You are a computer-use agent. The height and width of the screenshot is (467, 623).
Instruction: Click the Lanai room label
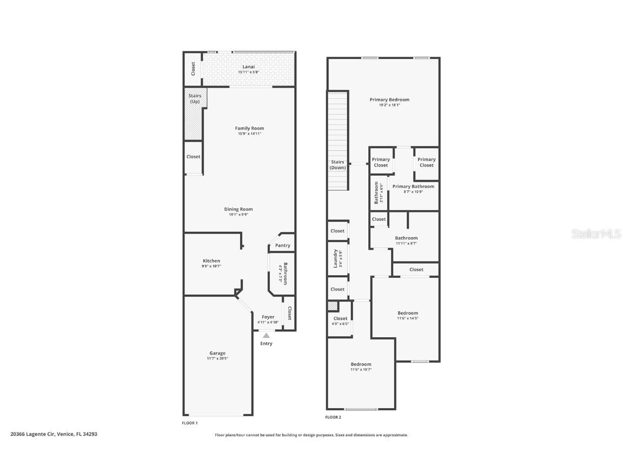(x=249, y=67)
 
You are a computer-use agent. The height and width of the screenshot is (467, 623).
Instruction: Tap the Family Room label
(x=249, y=128)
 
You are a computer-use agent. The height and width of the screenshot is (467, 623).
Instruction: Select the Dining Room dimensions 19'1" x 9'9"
(x=238, y=215)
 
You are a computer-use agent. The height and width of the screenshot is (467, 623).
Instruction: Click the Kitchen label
(x=211, y=261)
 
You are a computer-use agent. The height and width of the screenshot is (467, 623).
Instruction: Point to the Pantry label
(x=282, y=245)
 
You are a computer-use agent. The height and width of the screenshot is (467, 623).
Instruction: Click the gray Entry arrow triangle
(x=266, y=336)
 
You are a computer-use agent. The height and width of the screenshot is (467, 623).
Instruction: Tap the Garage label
(x=217, y=353)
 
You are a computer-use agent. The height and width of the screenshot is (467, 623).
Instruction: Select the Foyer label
(x=268, y=317)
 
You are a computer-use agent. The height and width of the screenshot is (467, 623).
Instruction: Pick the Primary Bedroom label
(x=389, y=99)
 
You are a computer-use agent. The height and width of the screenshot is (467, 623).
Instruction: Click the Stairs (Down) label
(x=337, y=165)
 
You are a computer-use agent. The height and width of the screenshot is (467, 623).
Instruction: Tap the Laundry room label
(x=335, y=258)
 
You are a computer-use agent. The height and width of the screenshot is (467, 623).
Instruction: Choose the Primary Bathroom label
(x=413, y=186)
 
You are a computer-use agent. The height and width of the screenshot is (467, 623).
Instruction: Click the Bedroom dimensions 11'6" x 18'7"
(x=361, y=370)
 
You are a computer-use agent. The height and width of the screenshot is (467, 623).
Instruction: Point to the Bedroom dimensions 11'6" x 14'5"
(x=407, y=318)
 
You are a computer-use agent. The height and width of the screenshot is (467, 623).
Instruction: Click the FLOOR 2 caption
(x=333, y=417)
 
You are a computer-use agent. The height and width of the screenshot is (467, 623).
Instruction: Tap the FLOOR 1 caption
(x=190, y=423)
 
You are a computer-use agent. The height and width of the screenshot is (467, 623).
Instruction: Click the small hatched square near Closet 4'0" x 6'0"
(x=332, y=306)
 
